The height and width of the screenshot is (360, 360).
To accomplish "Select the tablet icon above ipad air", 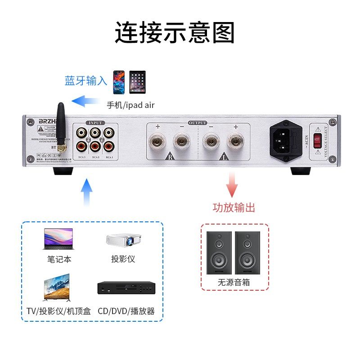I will [138, 82].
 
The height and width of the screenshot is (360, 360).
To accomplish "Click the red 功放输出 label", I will [234, 207].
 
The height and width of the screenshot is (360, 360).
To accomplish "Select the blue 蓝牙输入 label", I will [86, 81].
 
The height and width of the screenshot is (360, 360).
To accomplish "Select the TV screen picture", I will [56, 288].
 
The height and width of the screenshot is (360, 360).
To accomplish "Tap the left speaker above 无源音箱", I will [219, 252].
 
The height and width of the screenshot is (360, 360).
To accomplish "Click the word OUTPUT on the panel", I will [198, 122].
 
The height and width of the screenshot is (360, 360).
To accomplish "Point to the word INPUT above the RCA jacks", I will [96, 122].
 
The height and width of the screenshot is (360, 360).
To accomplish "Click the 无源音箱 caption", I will [234, 283].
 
